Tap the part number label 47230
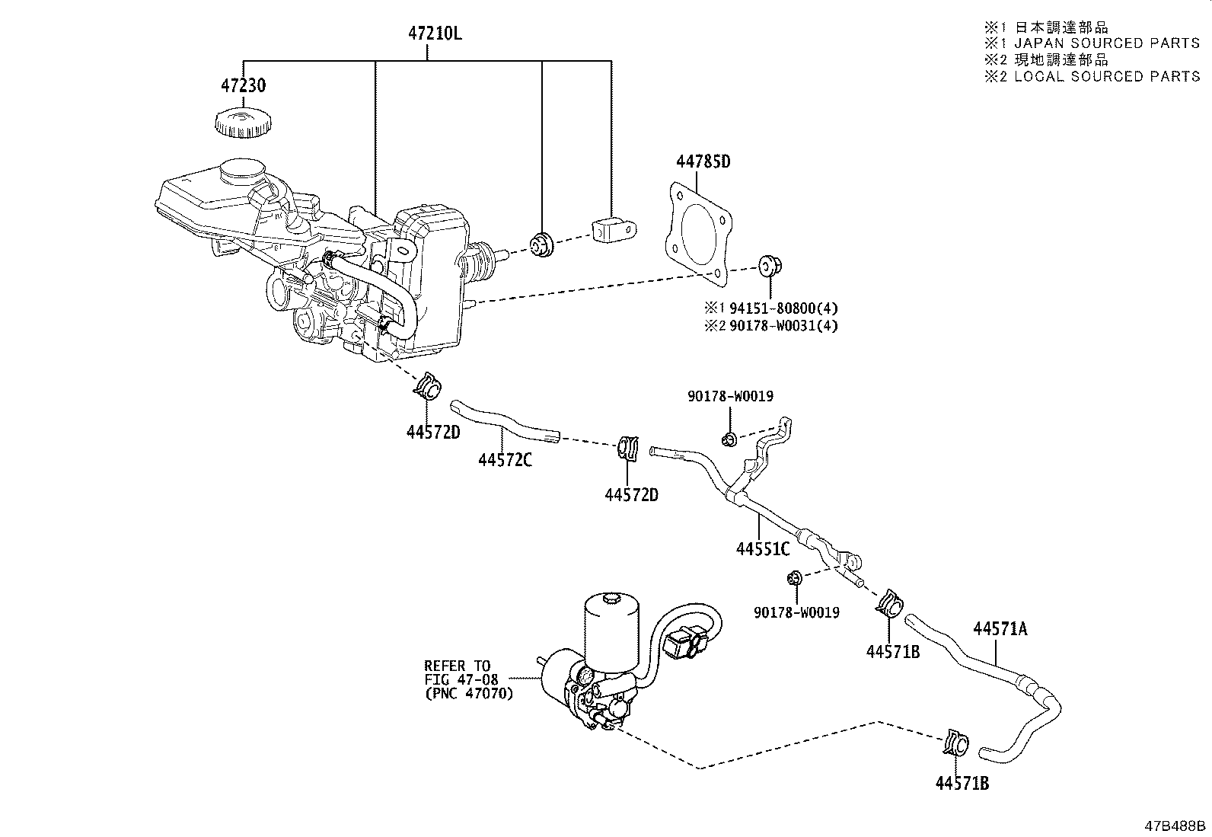tap(244, 85)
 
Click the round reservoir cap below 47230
tap(240, 123)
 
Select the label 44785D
tap(703, 162)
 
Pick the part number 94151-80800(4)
tap(783, 308)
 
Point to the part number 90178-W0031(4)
tap(783, 326)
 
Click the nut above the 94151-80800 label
tap(769, 266)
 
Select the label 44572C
tap(505, 460)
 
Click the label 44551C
tap(763, 548)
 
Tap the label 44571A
tap(1000, 628)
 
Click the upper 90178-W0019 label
tap(730, 396)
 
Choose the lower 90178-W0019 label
tap(796, 612)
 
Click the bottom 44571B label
tap(962, 783)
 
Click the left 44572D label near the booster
tap(433, 432)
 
